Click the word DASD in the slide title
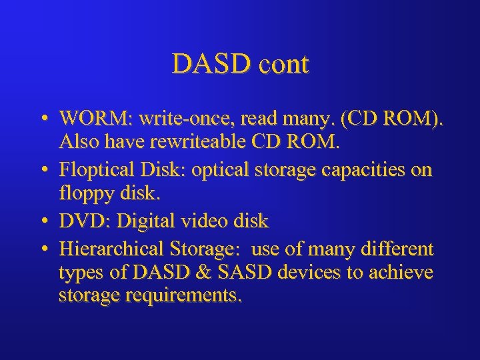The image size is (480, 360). (x=203, y=65)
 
